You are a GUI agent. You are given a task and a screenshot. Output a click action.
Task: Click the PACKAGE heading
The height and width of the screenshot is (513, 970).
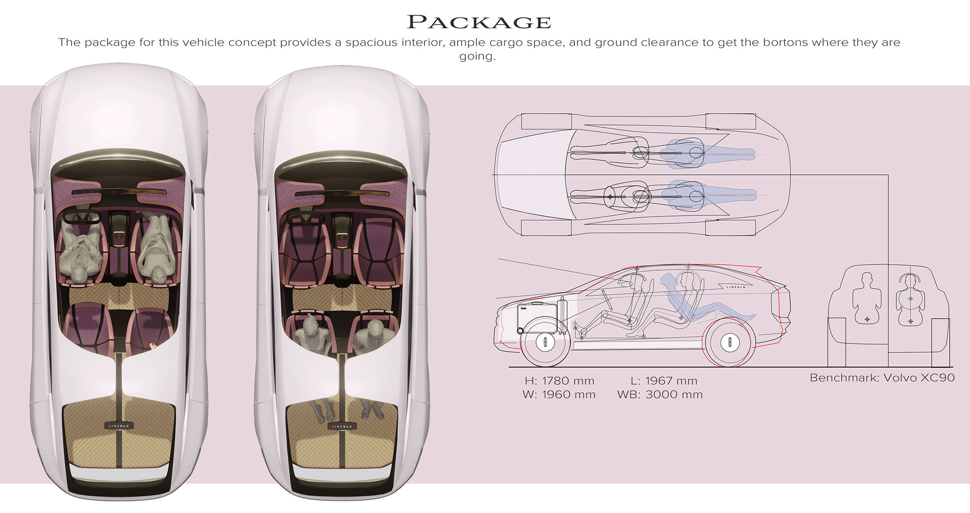tap(479, 22)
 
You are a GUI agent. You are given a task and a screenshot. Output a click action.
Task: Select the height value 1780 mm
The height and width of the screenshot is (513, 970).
tap(568, 381)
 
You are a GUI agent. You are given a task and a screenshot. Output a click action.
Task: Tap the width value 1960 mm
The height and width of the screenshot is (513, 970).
tap(568, 395)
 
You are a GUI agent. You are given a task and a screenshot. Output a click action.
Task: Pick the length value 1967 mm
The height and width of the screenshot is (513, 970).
tap(671, 381)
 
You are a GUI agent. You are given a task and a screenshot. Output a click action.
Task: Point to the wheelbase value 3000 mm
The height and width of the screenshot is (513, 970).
tap(674, 395)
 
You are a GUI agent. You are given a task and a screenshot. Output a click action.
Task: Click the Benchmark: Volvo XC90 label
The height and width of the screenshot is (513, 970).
tap(882, 378)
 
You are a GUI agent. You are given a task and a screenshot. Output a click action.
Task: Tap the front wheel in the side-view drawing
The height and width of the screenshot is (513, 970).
tap(545, 342)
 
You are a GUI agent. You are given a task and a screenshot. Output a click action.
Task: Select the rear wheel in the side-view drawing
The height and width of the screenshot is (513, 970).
tap(730, 342)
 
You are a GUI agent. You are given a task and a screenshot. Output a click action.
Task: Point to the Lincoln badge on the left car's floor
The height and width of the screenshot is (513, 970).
tap(119, 426)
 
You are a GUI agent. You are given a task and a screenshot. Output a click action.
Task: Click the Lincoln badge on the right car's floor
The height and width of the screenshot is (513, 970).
tap(342, 426)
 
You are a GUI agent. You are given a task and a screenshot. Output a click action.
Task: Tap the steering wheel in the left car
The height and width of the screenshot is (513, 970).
tap(80, 218)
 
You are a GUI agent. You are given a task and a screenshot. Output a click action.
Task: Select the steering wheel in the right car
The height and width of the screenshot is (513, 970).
tap(305, 218)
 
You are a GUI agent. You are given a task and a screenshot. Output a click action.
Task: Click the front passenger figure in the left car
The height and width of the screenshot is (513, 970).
tap(157, 247)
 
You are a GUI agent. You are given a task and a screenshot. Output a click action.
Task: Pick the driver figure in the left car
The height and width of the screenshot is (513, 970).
tap(80, 250)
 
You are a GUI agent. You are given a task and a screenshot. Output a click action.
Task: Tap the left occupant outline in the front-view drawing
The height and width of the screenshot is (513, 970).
tap(867, 298)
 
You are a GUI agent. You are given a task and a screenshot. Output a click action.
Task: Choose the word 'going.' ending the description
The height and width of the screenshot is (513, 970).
tap(477, 56)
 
